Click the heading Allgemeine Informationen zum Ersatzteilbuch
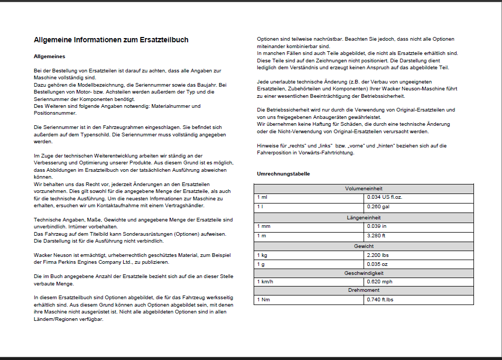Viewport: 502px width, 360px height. pyautogui.click(x=111, y=40)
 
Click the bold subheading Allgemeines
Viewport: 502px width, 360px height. pyautogui.click(x=49, y=56)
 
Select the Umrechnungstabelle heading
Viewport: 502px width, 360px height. pyautogui.click(x=283, y=173)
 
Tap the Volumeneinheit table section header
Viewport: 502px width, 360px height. pyautogui.click(x=364, y=189)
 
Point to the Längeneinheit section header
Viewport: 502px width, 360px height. pyautogui.click(x=364, y=218)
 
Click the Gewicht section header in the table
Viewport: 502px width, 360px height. pyautogui.click(x=364, y=246)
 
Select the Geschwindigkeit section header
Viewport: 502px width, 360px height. pyautogui.click(x=364, y=273)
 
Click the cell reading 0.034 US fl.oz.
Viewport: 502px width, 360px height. pyautogui.click(x=385, y=197)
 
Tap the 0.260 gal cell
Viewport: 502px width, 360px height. pyautogui.click(x=378, y=207)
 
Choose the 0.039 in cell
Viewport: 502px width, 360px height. pyautogui.click(x=377, y=226)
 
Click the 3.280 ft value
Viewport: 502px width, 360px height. pyautogui.click(x=377, y=236)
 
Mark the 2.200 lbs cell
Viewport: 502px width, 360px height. pyautogui.click(x=378, y=255)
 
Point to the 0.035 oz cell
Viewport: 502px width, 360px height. pyautogui.click(x=377, y=264)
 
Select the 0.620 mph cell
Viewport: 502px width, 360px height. pyautogui.click(x=380, y=282)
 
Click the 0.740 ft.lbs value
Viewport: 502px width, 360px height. pyautogui.click(x=380, y=300)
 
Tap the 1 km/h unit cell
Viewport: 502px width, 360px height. pyautogui.click(x=266, y=282)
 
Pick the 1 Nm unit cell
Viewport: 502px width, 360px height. pyautogui.click(x=264, y=300)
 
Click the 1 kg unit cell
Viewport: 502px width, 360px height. pyautogui.click(x=263, y=255)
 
